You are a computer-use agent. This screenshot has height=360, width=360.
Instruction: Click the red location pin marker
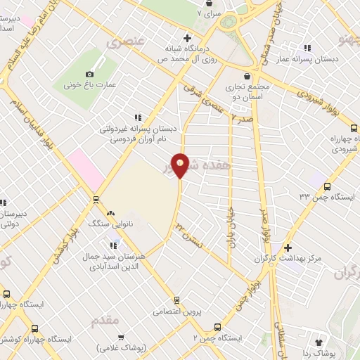pos(181,165)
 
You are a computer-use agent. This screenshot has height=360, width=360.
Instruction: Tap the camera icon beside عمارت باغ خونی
pos(89,74)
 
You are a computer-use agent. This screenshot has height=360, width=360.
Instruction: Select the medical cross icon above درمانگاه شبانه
pos(187,38)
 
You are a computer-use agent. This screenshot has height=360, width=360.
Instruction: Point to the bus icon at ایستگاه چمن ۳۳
pos(327,186)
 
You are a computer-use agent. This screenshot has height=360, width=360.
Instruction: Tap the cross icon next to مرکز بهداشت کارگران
pos(288,248)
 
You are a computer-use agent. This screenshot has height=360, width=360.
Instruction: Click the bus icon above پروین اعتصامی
pos(176,298)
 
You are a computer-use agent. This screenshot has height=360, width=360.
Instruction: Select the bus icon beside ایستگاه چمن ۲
pos(217,327)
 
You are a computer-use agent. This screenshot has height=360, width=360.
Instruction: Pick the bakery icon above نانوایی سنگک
pos(110,212)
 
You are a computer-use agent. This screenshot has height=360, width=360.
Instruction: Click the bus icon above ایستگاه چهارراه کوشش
pos(7,295)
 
